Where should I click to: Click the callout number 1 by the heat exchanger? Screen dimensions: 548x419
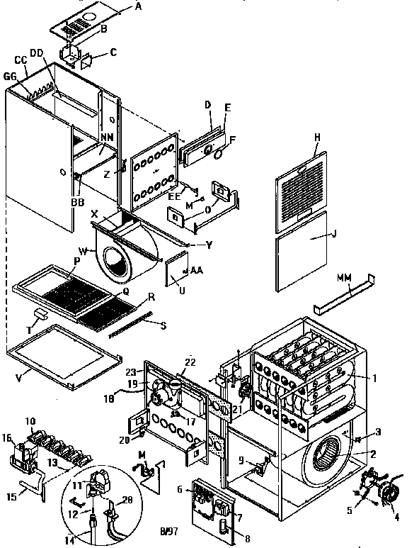376,378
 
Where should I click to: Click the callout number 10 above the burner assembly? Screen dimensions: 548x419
31,421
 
